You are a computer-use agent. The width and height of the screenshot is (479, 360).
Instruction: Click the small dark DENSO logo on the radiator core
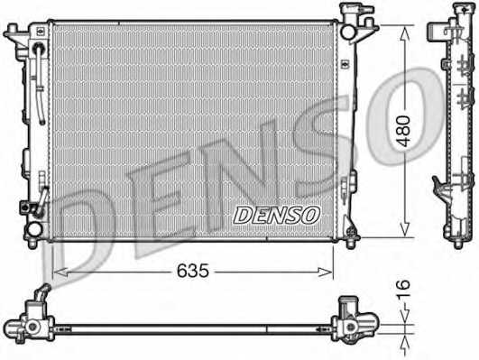(277, 215)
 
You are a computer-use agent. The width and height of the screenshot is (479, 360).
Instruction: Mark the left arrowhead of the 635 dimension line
(58, 270)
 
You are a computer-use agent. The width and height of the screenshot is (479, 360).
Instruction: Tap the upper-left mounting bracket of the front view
(15, 36)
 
